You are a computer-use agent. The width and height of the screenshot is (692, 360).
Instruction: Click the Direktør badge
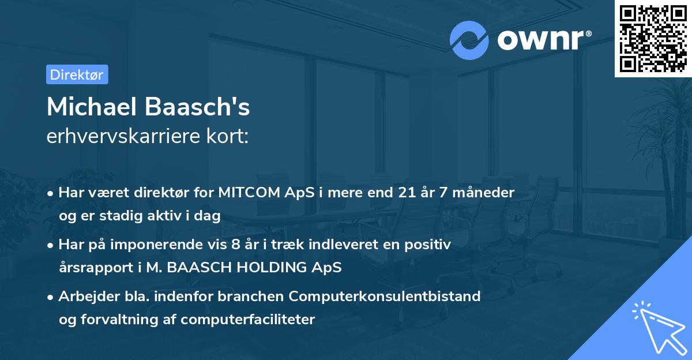[x=77, y=75]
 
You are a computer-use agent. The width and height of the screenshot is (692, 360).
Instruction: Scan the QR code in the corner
[x=652, y=39]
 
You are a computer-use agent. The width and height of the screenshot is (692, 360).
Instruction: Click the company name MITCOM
[x=246, y=193]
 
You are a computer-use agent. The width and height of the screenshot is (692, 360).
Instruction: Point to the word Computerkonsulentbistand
[x=385, y=297]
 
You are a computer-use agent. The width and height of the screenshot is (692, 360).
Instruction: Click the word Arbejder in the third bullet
[x=85, y=297]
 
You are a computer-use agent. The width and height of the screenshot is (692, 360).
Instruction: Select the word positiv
[x=428, y=245]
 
